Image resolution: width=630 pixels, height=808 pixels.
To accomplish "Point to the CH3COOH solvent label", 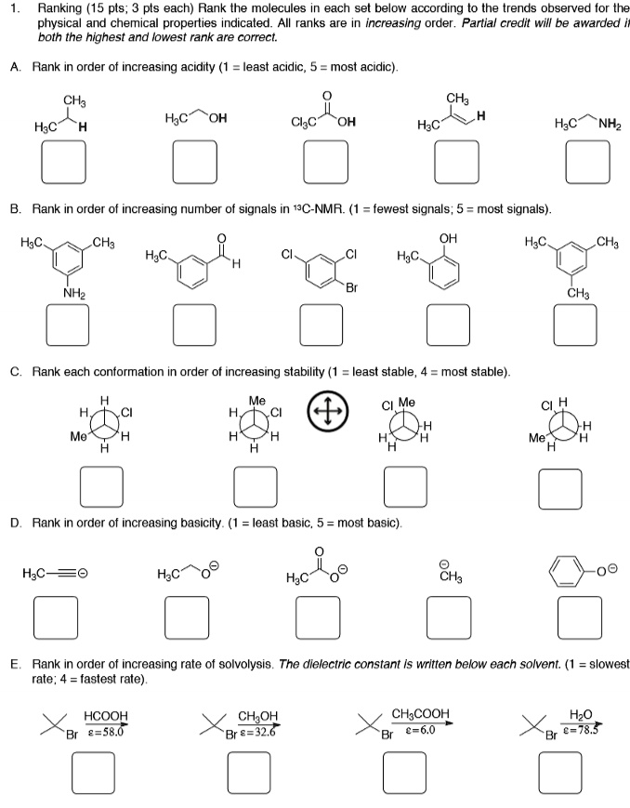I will pyautogui.click(x=421, y=714).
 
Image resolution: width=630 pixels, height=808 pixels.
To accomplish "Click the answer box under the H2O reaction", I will pyautogui.click(x=560, y=771).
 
